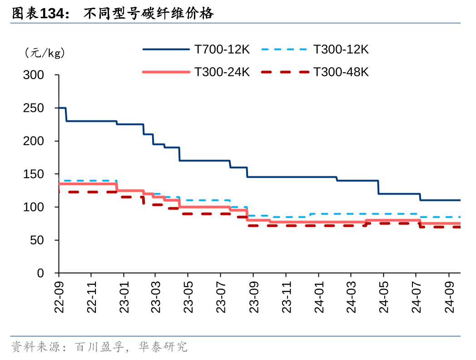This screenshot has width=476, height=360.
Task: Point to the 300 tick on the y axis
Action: [34, 75]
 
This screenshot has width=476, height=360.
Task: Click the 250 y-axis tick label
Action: [34, 108]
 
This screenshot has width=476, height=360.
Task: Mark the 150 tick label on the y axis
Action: [34, 174]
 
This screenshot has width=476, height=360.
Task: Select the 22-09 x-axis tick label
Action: [59, 295]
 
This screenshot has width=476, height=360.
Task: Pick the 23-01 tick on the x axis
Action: [124, 295]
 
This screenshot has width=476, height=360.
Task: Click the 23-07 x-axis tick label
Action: [221, 295]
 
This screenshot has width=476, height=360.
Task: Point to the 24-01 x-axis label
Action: [318, 295]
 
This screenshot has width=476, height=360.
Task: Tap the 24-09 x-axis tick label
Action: [449, 295]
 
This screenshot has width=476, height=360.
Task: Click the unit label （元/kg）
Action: [45, 53]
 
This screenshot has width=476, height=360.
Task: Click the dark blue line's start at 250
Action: [60, 108]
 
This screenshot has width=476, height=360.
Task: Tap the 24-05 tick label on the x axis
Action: [384, 295]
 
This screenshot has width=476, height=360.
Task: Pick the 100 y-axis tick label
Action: [34, 207]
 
